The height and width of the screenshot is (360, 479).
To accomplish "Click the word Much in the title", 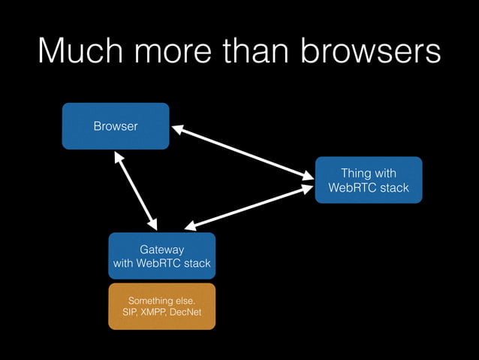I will coord(77,53).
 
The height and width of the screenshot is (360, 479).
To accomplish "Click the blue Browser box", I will coord(116,126).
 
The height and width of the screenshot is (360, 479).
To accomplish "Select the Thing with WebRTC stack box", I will coord(368,180).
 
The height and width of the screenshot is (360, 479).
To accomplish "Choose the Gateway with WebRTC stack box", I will coord(161,256).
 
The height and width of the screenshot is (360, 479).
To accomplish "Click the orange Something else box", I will coord(161,306).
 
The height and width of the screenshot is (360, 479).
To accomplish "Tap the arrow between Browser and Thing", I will coord(243,153).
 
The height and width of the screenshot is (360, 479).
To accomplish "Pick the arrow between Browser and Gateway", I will coord(136,191).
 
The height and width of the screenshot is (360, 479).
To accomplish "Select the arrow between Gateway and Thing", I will coord(249,206).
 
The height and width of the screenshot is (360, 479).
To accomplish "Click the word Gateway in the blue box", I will coord(161,249).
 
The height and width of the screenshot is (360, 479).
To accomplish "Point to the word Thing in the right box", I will coord(356,174).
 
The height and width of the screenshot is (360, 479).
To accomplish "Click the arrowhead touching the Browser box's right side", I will coord(178,131).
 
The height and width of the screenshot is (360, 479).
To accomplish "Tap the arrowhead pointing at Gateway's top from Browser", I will coord(153,224).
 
